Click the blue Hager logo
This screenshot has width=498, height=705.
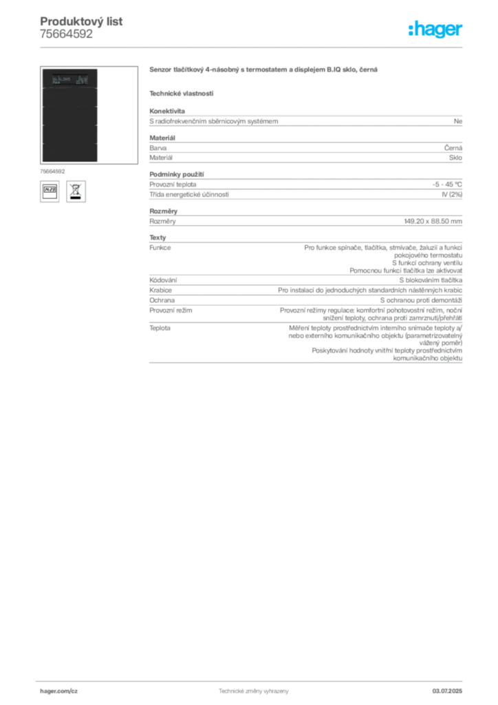[436, 30]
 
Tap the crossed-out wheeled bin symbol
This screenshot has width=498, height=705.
[75, 191]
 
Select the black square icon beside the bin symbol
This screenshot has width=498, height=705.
[50, 191]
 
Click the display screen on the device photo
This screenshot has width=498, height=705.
[69, 81]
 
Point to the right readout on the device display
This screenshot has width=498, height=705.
[82, 81]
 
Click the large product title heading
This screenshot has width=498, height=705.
[263, 70]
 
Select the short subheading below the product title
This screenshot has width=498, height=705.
[182, 93]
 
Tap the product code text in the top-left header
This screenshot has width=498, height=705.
[83, 18]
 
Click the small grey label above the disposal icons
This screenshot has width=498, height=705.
[52, 170]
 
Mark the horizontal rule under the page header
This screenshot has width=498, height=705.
[253, 47]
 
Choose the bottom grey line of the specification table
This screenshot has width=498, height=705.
[305, 364]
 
